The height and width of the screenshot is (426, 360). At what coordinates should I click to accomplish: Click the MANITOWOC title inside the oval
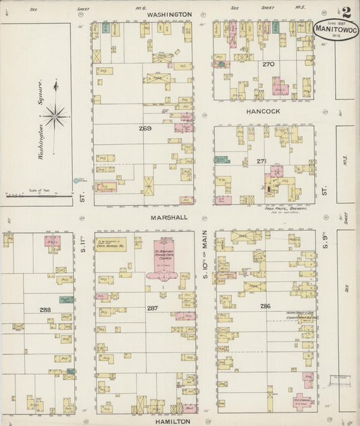point(336,30)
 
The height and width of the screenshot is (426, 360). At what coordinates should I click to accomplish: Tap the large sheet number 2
point(346,12)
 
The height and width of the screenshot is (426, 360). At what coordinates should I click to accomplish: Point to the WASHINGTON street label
point(165,14)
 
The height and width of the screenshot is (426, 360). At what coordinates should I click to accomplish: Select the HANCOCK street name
point(263,111)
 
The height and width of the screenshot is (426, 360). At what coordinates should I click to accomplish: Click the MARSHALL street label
point(165,217)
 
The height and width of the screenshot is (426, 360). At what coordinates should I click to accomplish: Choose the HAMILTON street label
point(171,420)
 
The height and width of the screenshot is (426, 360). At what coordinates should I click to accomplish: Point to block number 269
point(145,128)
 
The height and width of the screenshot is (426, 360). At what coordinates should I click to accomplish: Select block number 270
point(268,65)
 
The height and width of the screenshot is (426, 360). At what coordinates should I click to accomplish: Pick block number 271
point(261,162)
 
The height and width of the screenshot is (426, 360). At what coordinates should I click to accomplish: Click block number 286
point(265,306)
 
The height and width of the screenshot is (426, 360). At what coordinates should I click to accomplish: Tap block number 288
point(45,309)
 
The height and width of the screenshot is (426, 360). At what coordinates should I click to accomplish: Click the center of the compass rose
point(55,116)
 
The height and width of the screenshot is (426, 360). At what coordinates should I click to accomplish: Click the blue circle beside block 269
point(76,181)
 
